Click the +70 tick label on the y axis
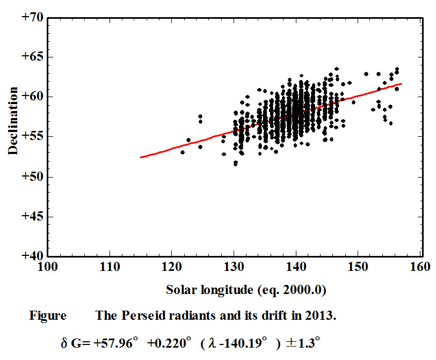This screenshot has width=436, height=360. pyautogui.click(x=33, y=18)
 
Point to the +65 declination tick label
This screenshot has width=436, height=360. pyautogui.click(x=33, y=56)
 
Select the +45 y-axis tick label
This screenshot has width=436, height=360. pyautogui.click(x=33, y=216)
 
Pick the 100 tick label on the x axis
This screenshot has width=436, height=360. pyautogui.click(x=48, y=267)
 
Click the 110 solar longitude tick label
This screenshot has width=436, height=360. pyautogui.click(x=110, y=267)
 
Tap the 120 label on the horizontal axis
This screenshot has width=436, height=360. pyautogui.click(x=172, y=267)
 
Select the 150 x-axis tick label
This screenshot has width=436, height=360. pyautogui.click(x=358, y=267)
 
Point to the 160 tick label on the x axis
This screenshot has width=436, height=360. pyautogui.click(x=420, y=267)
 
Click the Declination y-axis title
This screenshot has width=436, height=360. pyautogui.click(x=13, y=121)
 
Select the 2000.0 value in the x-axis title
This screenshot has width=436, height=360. pyautogui.click(x=302, y=290)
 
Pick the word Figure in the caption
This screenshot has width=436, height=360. pyautogui.click(x=48, y=316)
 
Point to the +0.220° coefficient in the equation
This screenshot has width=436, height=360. pyautogui.click(x=169, y=343)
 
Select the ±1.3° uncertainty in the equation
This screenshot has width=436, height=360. pyautogui.click(x=303, y=343)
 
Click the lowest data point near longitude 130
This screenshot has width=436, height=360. pyautogui.click(x=236, y=165)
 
